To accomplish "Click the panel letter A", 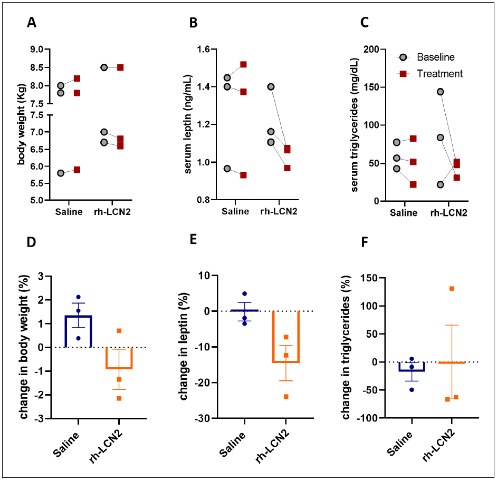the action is pyautogui.click(x=31, y=23).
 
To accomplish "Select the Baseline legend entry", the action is pyautogui.click(x=425, y=57).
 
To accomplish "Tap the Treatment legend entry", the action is pyautogui.click(x=429, y=74).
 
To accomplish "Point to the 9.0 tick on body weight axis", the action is pyautogui.click(x=37, y=50).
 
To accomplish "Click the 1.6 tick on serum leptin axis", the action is pyautogui.click(x=203, y=50).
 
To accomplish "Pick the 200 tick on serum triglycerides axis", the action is pyautogui.click(x=371, y=50).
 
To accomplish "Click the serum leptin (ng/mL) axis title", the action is pyautogui.click(x=188, y=124).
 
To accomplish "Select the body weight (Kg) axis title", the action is pyautogui.click(x=21, y=124).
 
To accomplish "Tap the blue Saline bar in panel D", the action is pyautogui.click(x=78, y=331).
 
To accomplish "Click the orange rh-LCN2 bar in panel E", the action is pyautogui.click(x=286, y=337).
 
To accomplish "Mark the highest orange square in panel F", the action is pyautogui.click(x=452, y=288).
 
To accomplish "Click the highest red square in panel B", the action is pyautogui.click(x=243, y=65).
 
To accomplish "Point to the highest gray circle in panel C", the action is pyautogui.click(x=440, y=92).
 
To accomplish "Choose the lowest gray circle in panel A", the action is pyautogui.click(x=61, y=173).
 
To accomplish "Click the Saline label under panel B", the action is pyautogui.click(x=235, y=211).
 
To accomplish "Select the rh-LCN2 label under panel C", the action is pyautogui.click(x=449, y=213).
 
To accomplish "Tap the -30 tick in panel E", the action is pyautogui.click(x=202, y=418).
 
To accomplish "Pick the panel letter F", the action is pyautogui.click(x=365, y=242).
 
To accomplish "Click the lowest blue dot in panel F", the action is pyautogui.click(x=412, y=390).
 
